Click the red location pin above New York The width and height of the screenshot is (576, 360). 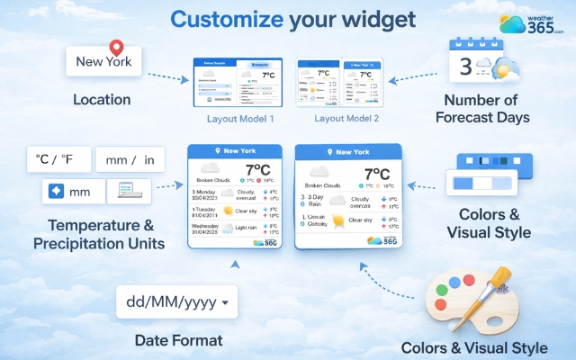pos(115,48)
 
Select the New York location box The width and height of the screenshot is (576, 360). pos(104,62)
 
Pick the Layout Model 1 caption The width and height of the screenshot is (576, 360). pos(240,118)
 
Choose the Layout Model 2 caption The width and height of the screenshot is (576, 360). pos(346,118)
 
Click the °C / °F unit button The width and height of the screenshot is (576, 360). pos(55,160)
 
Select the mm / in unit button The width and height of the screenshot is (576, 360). pos(130,160)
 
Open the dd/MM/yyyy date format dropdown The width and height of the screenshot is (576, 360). pos(176,302)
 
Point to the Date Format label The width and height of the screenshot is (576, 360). pos(176,340)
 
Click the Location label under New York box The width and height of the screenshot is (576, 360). pos(102,99)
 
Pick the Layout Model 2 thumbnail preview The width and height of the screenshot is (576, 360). pos(339,83)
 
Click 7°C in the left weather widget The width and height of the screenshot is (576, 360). pos(258,170)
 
